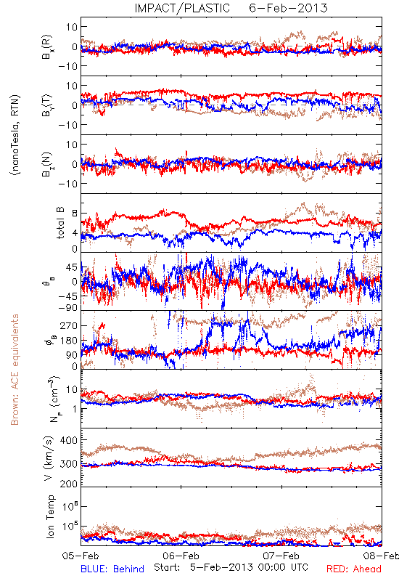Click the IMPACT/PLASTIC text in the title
pyautogui.click(x=182, y=8)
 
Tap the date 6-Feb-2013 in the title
pyautogui.click(x=288, y=8)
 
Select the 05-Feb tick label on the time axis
pyautogui.click(x=81, y=556)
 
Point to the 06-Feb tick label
pyautogui.click(x=181, y=556)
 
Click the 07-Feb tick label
pyautogui.click(x=281, y=556)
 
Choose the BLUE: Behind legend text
pyautogui.click(x=112, y=569)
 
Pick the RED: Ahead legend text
pyautogui.click(x=354, y=569)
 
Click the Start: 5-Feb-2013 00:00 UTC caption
pyautogui.click(x=231, y=567)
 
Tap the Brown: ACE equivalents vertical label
pyautogui.click(x=15, y=370)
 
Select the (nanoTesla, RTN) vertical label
pyautogui.click(x=15, y=135)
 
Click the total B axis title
pyautogui.click(x=60, y=223)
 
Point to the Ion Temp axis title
pyautogui.click(x=50, y=516)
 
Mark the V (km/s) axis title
pyautogui.click(x=49, y=459)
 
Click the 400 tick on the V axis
pyautogui.click(x=68, y=441)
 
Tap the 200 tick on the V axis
pyautogui.click(x=68, y=484)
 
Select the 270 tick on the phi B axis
pyautogui.click(x=69, y=325)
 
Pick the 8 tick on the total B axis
pyautogui.click(x=75, y=214)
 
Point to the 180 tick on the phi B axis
pyautogui.click(x=69, y=341)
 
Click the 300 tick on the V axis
pyautogui.click(x=68, y=464)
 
